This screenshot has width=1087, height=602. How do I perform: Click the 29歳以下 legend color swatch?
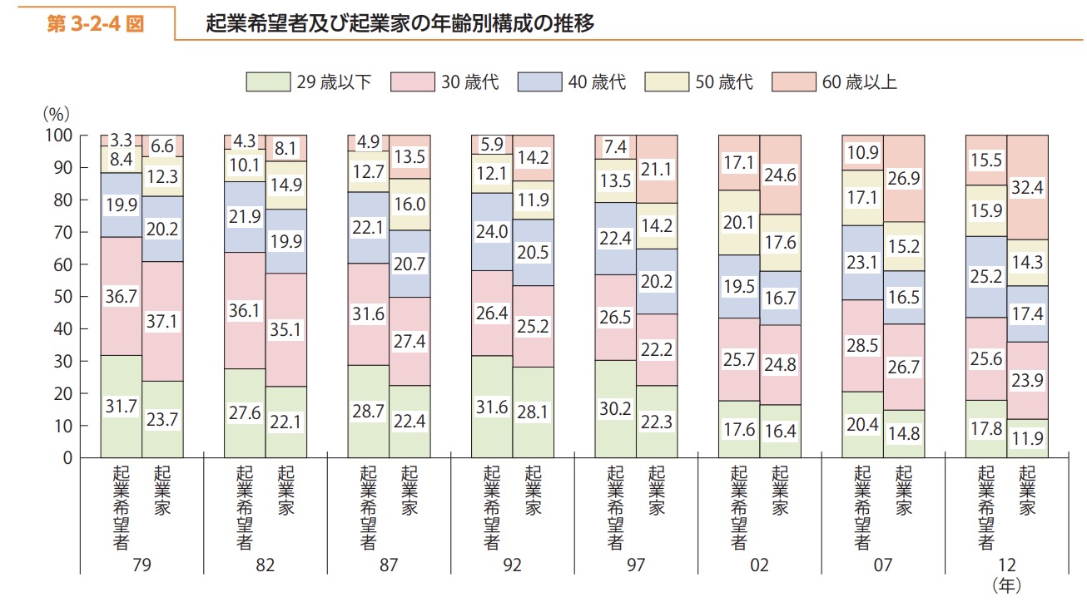(x=268, y=81)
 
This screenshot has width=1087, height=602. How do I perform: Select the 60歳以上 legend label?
(x=858, y=81)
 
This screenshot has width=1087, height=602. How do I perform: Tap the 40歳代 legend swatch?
(x=539, y=81)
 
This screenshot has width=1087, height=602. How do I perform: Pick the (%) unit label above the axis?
(x=56, y=113)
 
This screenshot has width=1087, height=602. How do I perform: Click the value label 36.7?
(x=121, y=295)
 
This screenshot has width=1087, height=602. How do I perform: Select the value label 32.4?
(x=1027, y=188)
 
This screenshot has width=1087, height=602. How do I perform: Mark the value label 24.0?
(x=491, y=232)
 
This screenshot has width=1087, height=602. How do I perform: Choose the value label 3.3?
(x=121, y=139)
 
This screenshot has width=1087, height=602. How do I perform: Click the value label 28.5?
(x=862, y=345)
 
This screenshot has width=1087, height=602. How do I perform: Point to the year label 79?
(x=141, y=565)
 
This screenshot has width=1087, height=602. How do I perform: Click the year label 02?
(x=758, y=565)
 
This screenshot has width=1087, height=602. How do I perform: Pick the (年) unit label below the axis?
(x=1006, y=585)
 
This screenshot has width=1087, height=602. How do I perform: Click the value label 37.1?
(x=162, y=322)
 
